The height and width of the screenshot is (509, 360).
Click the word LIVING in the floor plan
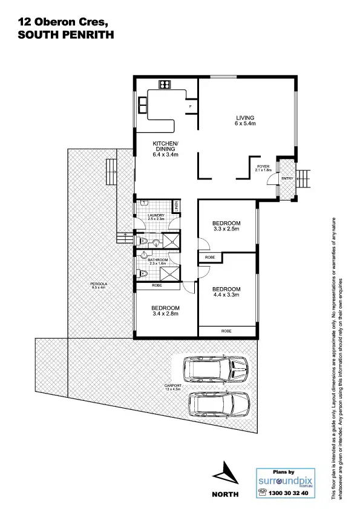[x=245, y=117]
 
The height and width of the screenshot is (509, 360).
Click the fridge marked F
[x=191, y=106]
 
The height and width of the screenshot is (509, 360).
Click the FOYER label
[x=263, y=166]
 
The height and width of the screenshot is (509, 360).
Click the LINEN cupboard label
[x=176, y=207]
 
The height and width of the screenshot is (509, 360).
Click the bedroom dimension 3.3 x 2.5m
[x=227, y=229]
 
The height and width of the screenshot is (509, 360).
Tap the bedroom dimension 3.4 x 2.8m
[x=166, y=314]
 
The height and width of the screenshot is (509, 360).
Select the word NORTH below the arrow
[x=224, y=494]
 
